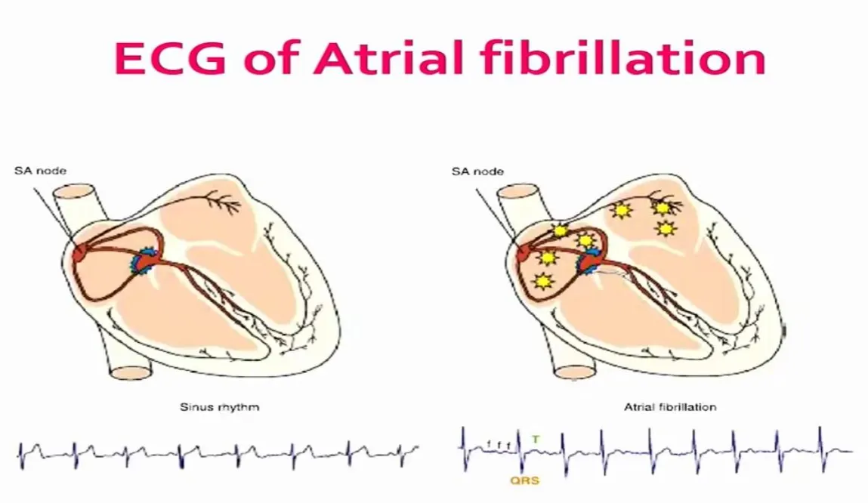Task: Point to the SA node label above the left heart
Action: pos(40,171)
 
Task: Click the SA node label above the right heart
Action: pos(477,171)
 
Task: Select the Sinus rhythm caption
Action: pos(220,407)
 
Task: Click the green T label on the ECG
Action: pos(536,439)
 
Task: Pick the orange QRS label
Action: pos(525,480)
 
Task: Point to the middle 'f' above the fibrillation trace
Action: pos(499,445)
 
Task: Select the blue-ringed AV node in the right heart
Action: pos(588,261)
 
